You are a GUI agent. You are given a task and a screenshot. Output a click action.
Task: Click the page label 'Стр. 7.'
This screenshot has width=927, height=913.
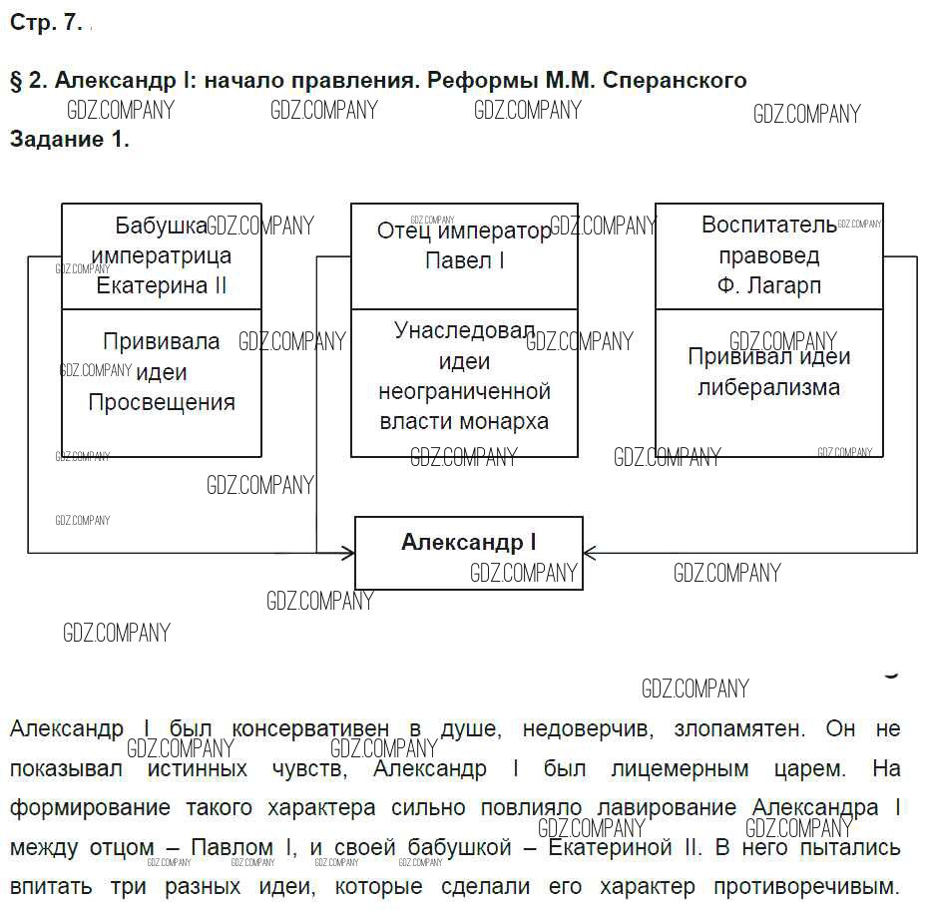coord(46,25)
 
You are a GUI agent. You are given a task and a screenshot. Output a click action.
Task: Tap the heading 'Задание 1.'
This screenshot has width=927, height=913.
coord(70,140)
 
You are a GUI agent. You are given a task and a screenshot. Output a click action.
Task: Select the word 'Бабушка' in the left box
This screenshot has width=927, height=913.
coord(161,227)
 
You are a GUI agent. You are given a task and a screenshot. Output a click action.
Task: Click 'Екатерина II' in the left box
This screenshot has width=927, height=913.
coord(162,286)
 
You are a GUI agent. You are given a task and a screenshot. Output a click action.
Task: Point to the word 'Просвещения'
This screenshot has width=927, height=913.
coord(162,403)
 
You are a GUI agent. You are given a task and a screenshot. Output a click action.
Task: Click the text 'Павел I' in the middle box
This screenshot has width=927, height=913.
coord(464,261)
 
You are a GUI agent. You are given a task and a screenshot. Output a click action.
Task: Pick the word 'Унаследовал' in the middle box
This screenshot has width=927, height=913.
coord(464,331)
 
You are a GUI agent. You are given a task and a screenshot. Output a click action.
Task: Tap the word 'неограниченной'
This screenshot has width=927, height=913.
coord(464,391)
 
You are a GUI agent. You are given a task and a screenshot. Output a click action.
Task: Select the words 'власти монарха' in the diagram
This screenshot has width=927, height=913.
coord(464,421)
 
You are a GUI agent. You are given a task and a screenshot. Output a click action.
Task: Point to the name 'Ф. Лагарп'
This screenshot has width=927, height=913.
coord(769,286)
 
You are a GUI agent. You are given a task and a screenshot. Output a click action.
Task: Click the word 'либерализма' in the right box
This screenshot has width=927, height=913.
coord(769,387)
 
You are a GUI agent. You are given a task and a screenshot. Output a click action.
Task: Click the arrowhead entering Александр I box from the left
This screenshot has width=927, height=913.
coord(348,552)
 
